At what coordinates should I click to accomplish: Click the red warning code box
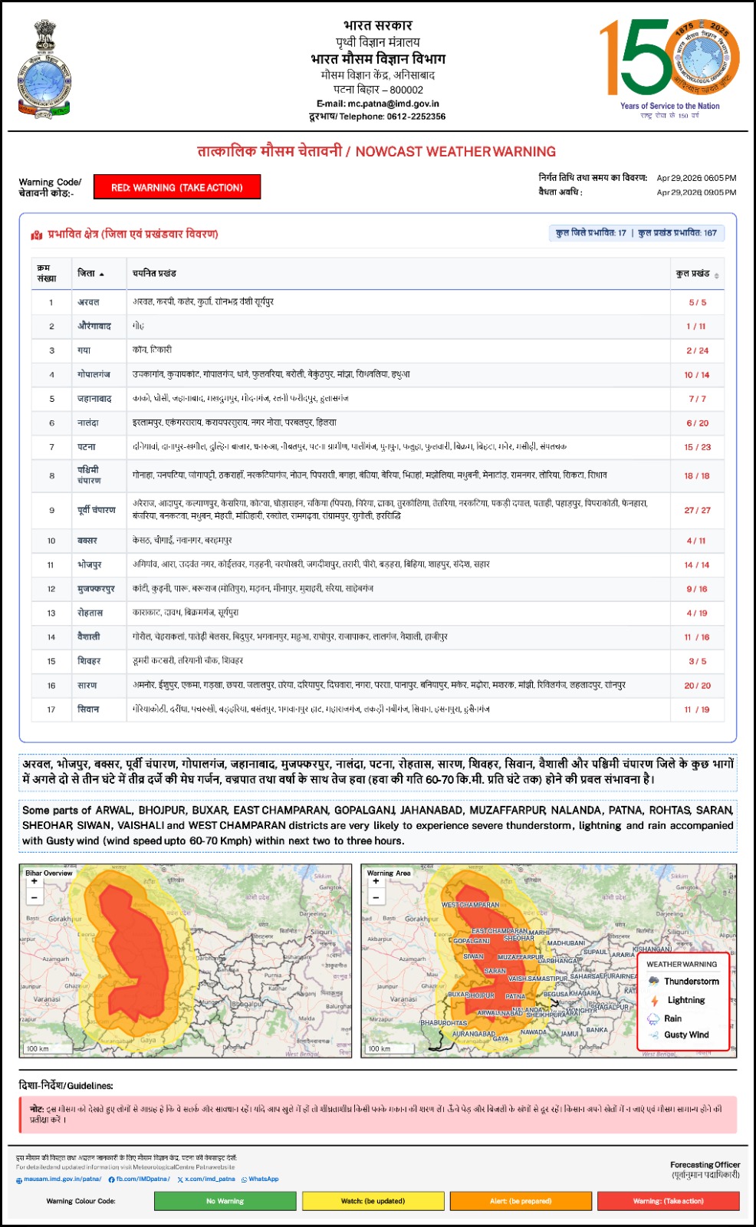(177, 187)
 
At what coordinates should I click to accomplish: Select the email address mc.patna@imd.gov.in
(393, 104)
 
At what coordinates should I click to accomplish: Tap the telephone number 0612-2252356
(416, 117)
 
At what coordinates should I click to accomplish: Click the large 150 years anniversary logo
(669, 59)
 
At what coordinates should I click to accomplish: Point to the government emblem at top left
(44, 69)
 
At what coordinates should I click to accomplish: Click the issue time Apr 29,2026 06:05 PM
(696, 178)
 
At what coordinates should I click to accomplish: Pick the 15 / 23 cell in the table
(697, 447)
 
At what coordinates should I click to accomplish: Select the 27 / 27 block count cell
(697, 510)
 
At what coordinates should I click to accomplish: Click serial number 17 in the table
(51, 709)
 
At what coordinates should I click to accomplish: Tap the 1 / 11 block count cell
(696, 326)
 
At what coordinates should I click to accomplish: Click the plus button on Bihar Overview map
(34, 882)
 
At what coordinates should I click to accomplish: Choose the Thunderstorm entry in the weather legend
(691, 982)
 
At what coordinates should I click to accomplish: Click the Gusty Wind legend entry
(686, 1035)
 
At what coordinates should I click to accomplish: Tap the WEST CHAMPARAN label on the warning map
(470, 905)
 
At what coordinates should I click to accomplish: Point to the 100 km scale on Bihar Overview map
(38, 1048)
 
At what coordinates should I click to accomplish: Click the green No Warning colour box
(225, 1201)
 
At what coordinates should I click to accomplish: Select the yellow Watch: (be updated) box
(373, 1201)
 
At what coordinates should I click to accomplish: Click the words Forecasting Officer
(705, 1165)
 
